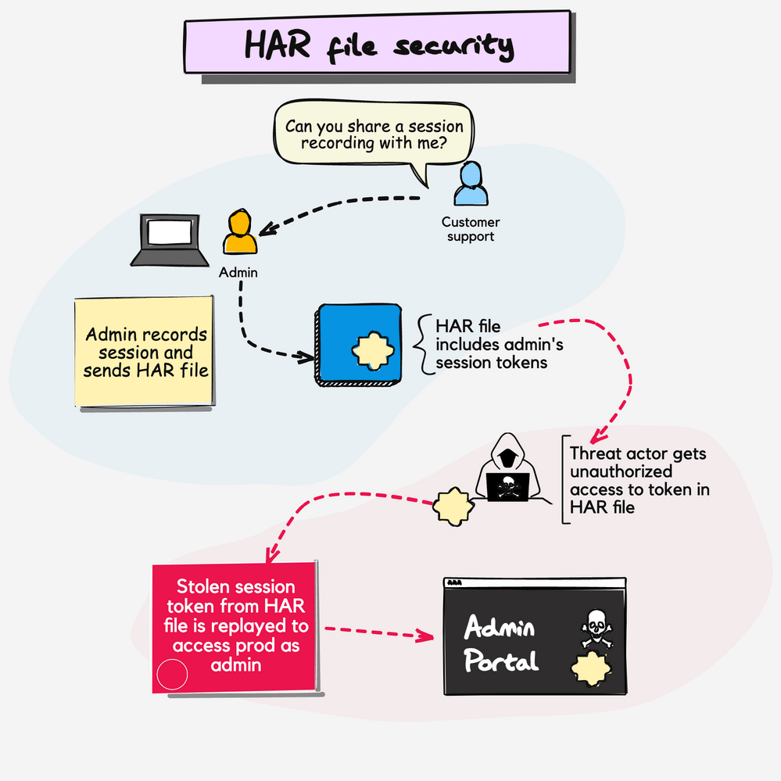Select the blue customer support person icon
click(471, 185)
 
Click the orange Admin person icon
click(239, 233)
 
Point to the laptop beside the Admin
click(170, 242)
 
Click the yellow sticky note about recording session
click(145, 351)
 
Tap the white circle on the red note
click(172, 675)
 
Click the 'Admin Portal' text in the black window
click(501, 645)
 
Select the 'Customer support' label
click(471, 229)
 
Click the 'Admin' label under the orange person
click(238, 273)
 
